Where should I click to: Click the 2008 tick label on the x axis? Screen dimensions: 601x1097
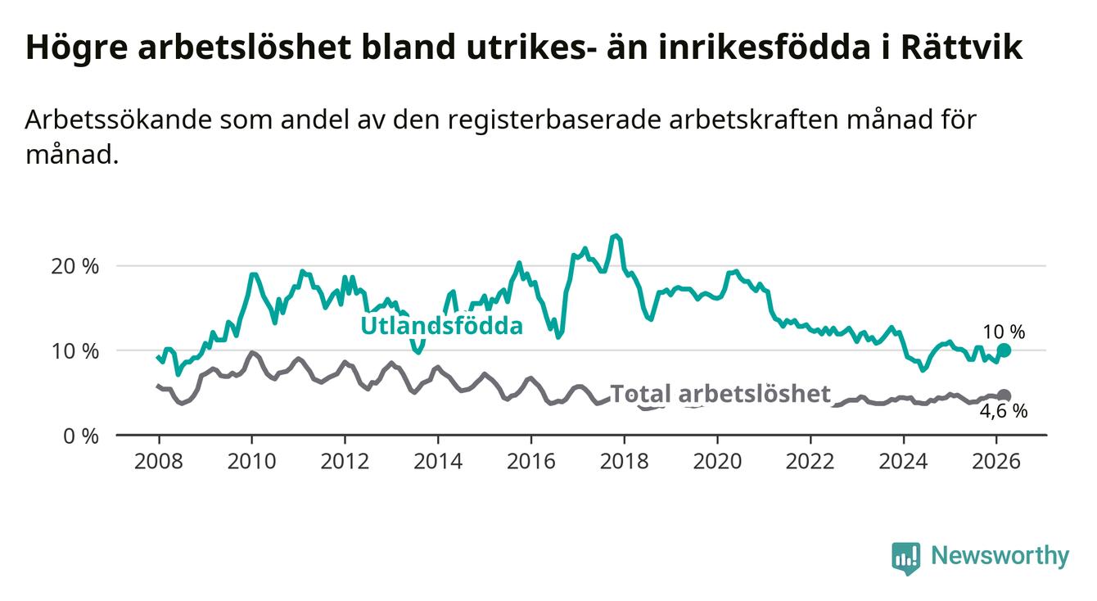coord(158,461)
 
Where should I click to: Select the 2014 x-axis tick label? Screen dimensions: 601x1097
coord(438,461)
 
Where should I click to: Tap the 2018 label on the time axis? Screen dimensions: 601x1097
coord(624,461)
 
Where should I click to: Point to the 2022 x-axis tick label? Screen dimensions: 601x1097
coord(810,461)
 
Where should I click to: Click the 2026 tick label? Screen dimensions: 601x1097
coord(996,461)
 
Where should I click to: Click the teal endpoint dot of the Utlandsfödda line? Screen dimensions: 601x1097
coord(1004,350)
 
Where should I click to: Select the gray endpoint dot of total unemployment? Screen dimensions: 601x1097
coord(1004,395)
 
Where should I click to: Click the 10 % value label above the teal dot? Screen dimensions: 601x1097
coord(1004,332)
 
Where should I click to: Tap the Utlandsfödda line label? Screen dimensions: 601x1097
coord(441,326)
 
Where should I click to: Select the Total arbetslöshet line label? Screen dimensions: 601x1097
coord(720,394)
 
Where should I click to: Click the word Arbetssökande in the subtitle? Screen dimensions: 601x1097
coord(114,120)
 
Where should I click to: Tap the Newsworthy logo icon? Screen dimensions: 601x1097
coord(905,557)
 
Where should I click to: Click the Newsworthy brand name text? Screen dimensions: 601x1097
coord(1000,557)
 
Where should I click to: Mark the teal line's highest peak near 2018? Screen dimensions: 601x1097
coord(616,236)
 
